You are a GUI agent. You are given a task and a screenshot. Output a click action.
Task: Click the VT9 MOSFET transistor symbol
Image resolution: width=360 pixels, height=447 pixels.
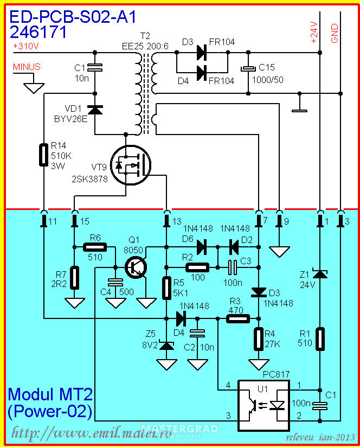click(x=131, y=165)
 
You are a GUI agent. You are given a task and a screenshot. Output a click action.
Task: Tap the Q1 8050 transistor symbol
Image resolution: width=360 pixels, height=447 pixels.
click(x=136, y=267)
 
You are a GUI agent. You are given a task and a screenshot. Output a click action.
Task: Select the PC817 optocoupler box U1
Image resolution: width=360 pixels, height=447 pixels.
click(x=263, y=405)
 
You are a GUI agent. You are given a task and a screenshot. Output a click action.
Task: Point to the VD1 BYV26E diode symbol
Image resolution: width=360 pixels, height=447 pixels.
click(x=95, y=110)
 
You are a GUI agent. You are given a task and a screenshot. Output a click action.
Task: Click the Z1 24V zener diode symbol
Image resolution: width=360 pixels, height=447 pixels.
click(x=320, y=274)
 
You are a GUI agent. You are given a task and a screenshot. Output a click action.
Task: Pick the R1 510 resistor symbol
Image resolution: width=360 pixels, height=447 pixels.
click(x=320, y=339)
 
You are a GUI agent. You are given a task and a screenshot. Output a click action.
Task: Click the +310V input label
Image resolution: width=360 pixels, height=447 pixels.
click(x=25, y=46)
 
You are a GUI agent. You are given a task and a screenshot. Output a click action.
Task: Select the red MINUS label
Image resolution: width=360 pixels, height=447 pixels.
click(x=27, y=67)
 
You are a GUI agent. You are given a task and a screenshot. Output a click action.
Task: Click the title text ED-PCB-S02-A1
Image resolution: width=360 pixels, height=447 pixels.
click(x=73, y=17)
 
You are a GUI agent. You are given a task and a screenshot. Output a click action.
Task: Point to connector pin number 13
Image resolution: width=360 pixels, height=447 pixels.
click(x=177, y=221)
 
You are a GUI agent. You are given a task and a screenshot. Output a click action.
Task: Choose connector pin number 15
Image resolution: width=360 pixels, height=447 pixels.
click(x=85, y=221)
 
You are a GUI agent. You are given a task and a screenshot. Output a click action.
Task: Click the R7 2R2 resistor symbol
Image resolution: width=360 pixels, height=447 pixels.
click(x=75, y=278)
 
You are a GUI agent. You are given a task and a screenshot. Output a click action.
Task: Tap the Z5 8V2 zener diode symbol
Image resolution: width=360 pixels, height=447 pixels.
click(x=166, y=346)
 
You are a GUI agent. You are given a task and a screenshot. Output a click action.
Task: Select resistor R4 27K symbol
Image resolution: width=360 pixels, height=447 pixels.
click(x=259, y=339)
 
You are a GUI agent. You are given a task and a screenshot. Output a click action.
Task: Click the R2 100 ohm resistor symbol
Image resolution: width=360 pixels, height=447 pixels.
click(x=197, y=267)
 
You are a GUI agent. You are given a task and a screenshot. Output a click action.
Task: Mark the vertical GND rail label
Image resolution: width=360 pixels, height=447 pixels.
click(x=335, y=33)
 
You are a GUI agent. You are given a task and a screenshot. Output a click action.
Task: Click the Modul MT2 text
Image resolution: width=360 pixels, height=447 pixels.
click(x=50, y=394)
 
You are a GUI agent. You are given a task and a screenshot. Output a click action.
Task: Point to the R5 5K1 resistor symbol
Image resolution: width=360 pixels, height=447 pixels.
click(x=166, y=288)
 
